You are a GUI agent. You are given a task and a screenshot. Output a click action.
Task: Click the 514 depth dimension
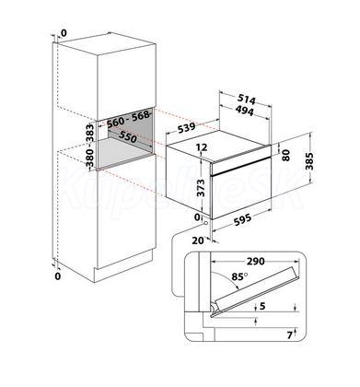[247, 100]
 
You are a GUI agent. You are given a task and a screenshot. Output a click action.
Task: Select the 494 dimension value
[245, 110]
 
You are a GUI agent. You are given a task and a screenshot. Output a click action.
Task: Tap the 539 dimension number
[187, 128]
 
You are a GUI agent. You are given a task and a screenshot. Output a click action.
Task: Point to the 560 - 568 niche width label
[129, 119]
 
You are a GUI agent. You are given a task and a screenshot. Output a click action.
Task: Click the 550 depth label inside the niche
[127, 137]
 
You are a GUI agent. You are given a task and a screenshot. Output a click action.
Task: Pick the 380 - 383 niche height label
[89, 145]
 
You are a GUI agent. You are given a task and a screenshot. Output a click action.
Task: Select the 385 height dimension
[309, 161]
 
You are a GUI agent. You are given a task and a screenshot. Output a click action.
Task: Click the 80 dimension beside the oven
[285, 155]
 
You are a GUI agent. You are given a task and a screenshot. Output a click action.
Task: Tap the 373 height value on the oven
[201, 188]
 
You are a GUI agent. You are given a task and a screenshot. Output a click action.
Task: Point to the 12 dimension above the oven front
[202, 147]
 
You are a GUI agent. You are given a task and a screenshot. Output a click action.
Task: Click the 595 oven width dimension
[242, 219]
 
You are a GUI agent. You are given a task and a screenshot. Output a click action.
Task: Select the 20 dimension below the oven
[198, 240]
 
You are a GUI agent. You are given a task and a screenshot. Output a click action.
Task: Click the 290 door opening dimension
[255, 262]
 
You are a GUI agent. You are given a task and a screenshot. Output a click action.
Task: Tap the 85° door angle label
[239, 276]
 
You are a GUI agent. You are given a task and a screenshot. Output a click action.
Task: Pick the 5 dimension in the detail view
[262, 306]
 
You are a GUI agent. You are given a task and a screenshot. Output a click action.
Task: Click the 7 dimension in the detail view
[290, 335]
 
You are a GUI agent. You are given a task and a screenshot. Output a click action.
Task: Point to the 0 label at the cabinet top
[64, 32]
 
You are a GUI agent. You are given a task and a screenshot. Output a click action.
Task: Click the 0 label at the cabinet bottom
[58, 276]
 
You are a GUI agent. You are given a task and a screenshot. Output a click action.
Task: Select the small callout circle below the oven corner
[205, 222]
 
